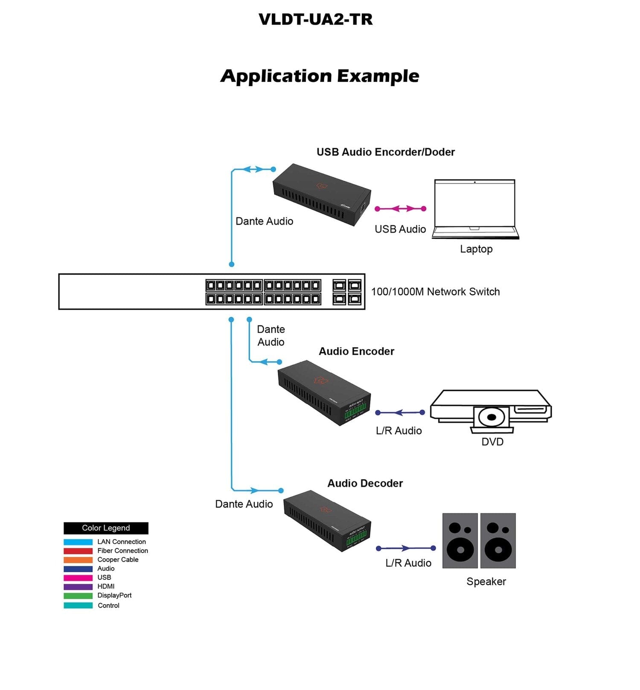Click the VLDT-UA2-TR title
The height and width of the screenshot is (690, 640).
pyautogui.click(x=315, y=20)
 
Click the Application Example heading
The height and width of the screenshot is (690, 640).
pyautogui.click(x=320, y=76)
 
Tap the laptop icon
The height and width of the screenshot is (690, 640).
pyautogui.click(x=475, y=209)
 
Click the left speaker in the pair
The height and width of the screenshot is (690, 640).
pyautogui.click(x=460, y=540)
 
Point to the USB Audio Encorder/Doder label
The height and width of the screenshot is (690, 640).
pyautogui.click(x=385, y=152)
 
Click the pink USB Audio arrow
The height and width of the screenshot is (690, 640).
pyautogui.click(x=400, y=209)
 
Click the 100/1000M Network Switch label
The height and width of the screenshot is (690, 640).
pyautogui.click(x=435, y=292)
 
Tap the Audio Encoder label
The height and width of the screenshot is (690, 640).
pyautogui.click(x=356, y=351)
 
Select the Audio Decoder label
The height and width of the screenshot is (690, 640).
pyautogui.click(x=365, y=483)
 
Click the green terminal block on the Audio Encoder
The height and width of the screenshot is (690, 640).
pyautogui.click(x=355, y=413)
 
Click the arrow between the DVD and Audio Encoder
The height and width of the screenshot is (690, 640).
pyautogui.click(x=400, y=412)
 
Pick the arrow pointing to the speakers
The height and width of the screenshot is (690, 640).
pyautogui.click(x=405, y=548)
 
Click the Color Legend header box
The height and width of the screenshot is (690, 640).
pyautogui.click(x=106, y=528)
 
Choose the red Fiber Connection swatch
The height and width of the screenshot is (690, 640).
pyautogui.click(x=78, y=551)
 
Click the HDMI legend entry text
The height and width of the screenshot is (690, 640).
pyautogui.click(x=106, y=586)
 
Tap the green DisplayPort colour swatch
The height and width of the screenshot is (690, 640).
pyautogui.click(x=78, y=596)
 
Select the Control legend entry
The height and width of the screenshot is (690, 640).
pyautogui.click(x=108, y=606)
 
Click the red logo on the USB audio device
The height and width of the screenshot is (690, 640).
pyautogui.click(x=321, y=186)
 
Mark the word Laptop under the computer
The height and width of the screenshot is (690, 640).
pyautogui.click(x=476, y=249)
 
